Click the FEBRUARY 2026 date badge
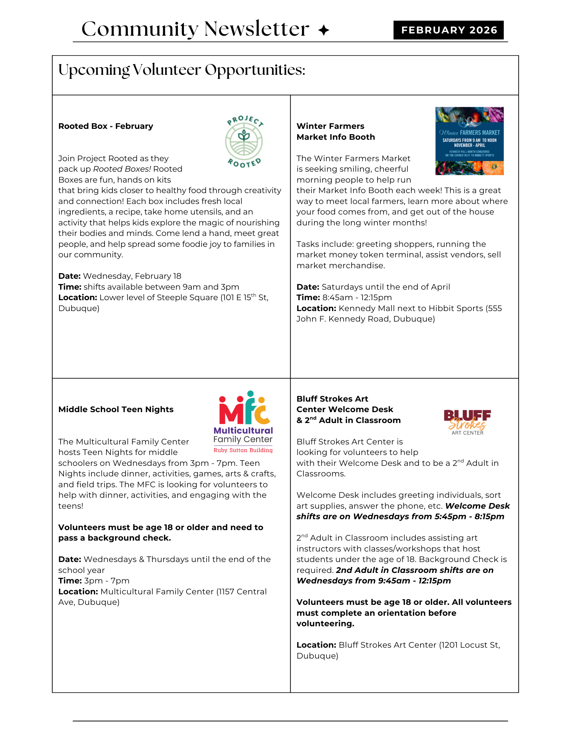449,30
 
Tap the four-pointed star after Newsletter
323,30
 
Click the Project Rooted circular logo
244,141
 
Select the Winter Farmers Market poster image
469,141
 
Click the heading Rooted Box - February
106,126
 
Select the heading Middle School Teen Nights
116,409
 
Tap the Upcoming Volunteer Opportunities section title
182,70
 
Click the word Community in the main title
140,29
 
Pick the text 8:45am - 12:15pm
357,298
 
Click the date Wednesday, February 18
132,276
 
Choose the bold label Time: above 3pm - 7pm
70,581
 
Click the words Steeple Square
187,298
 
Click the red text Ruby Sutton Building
243,450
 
